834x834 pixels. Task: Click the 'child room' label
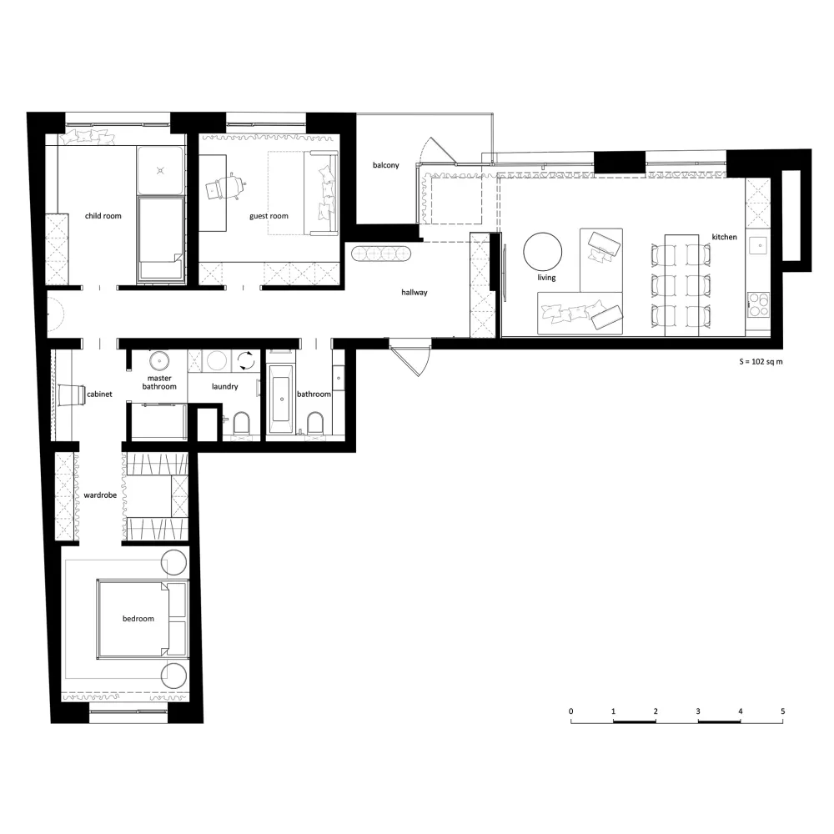(103, 216)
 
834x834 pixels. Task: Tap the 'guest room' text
(269, 216)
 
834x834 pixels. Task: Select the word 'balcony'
(385, 165)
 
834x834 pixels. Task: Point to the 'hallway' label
(414, 292)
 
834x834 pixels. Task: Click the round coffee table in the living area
(543, 252)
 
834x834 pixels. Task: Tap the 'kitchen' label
(725, 237)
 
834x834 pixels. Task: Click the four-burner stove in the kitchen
(758, 304)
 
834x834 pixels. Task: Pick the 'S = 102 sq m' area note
(761, 362)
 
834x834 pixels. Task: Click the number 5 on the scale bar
(783, 711)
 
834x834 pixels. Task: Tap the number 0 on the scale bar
(571, 711)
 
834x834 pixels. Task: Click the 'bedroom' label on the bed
(138, 619)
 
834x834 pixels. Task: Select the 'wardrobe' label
(100, 495)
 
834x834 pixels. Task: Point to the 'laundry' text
(225, 387)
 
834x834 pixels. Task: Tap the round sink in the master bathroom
(159, 360)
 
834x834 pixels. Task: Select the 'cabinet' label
(99, 394)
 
